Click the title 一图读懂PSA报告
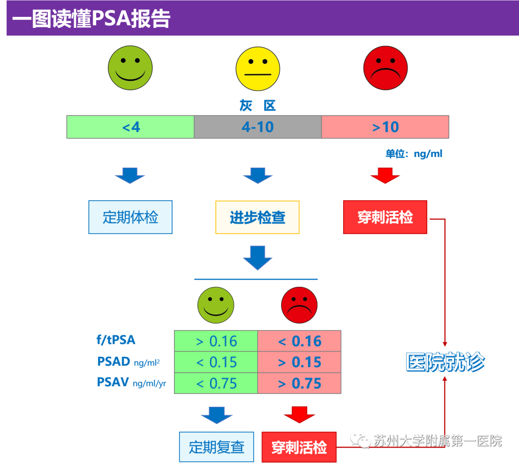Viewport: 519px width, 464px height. [x=91, y=20]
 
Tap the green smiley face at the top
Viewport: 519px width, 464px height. [x=130, y=68]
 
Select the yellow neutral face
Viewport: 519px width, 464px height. [x=258, y=69]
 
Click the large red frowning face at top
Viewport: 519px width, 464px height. [x=385, y=68]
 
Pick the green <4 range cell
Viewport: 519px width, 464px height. [x=130, y=127]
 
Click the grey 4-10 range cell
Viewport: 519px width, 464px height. [x=258, y=127]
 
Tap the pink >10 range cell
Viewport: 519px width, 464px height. [x=385, y=127]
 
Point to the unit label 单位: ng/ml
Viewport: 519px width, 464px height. [x=413, y=154]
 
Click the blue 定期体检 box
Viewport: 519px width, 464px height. [x=130, y=218]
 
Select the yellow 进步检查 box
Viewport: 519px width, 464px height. [x=258, y=218]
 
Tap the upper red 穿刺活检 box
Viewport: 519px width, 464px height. [x=385, y=218]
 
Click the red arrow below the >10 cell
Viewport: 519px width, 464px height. [x=385, y=175]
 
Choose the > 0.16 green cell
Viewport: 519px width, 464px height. [x=216, y=342]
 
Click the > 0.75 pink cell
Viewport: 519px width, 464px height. [x=299, y=383]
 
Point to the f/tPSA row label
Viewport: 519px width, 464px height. [x=116, y=340]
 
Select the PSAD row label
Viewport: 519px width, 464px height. [x=114, y=362]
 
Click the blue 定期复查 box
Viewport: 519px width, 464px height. [x=216, y=447]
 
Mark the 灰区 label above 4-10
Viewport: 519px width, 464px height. [x=258, y=106]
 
